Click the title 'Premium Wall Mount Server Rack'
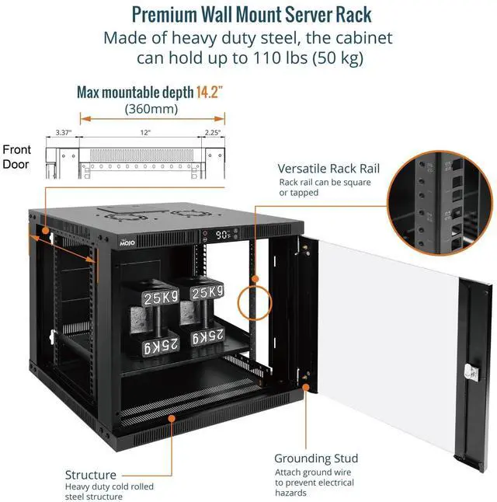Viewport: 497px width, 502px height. pyautogui.click(x=252, y=15)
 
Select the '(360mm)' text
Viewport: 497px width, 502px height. pyautogui.click(x=151, y=110)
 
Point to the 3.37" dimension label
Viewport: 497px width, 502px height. pyautogui.click(x=64, y=133)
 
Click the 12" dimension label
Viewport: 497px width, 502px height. pyautogui.click(x=145, y=133)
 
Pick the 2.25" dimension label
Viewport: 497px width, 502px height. pyautogui.click(x=212, y=133)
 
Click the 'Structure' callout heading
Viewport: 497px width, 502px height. pyautogui.click(x=91, y=474)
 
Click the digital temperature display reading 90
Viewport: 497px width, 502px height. pyautogui.click(x=224, y=234)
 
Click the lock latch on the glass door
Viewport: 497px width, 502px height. pyautogui.click(x=471, y=372)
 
